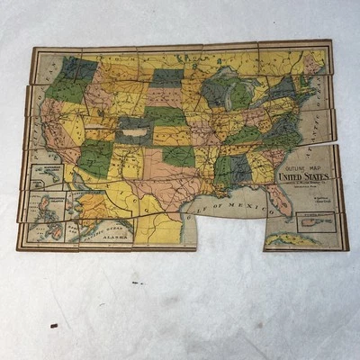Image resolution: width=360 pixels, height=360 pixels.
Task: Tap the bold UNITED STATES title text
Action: point(302,177)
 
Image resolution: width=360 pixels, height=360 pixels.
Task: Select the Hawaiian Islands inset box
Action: point(44,174)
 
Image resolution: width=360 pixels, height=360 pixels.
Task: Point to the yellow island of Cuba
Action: point(289,238)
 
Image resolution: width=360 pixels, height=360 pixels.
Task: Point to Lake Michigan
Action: point(220,94)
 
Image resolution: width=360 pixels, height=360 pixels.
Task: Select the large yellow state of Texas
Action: point(162,184)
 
